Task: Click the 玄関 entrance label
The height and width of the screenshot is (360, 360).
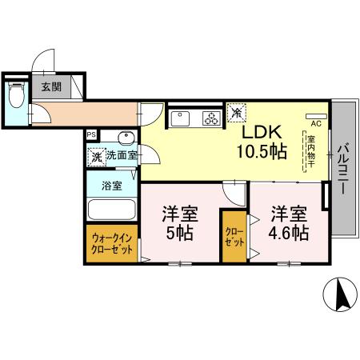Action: pyautogui.click(x=50, y=86)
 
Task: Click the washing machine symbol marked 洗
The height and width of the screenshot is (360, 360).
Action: pyautogui.click(x=96, y=157)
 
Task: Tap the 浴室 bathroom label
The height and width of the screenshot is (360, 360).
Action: pyautogui.click(x=112, y=186)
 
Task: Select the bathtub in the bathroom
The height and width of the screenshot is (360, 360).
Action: pyautogui.click(x=112, y=211)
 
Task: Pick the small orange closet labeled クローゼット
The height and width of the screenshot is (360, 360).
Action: pyautogui.click(x=234, y=236)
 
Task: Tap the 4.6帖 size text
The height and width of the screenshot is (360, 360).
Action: pyautogui.click(x=288, y=234)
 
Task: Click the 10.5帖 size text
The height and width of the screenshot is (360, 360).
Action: pyautogui.click(x=261, y=152)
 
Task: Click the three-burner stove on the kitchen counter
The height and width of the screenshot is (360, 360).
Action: pyautogui.click(x=210, y=120)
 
